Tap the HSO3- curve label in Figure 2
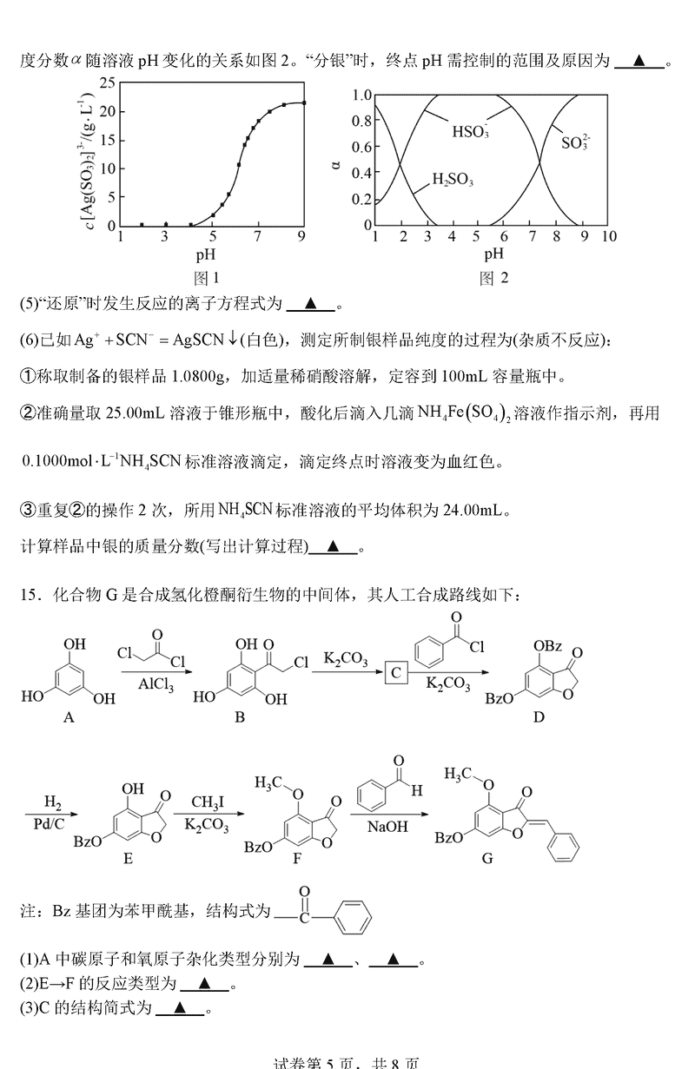pyautogui.click(x=470, y=132)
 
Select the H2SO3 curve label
pyautogui.click(x=453, y=180)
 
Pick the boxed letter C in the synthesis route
pyautogui.click(x=396, y=671)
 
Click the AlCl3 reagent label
pyautogui.click(x=159, y=683)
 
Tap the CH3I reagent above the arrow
pyautogui.click(x=207, y=801)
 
